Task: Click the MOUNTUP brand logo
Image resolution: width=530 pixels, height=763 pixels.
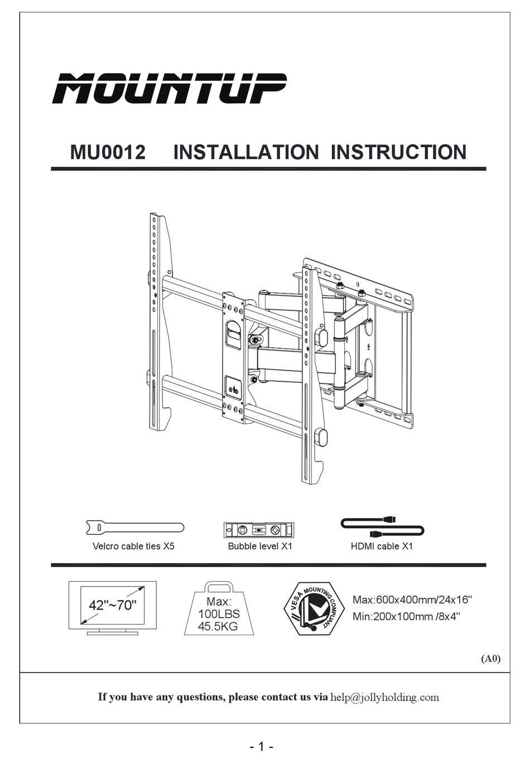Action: pyautogui.click(x=169, y=88)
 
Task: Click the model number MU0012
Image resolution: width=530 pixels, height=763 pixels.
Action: pyautogui.click(x=108, y=152)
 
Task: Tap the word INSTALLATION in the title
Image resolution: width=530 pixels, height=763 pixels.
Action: pyautogui.click(x=245, y=152)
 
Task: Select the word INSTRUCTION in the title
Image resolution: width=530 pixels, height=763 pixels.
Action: pyautogui.click(x=398, y=152)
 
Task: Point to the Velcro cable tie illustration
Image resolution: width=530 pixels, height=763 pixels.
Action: pyautogui.click(x=135, y=527)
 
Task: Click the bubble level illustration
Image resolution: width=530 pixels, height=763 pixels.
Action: pyautogui.click(x=259, y=530)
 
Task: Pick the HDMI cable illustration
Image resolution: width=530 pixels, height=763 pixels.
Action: pyautogui.click(x=382, y=527)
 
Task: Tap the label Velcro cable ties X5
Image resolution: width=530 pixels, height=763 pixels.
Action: pyautogui.click(x=133, y=546)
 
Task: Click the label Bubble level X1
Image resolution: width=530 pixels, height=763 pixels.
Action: pyautogui.click(x=260, y=546)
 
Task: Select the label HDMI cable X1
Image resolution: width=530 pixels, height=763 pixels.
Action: pyautogui.click(x=382, y=546)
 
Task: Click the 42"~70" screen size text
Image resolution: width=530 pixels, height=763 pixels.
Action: pyautogui.click(x=112, y=605)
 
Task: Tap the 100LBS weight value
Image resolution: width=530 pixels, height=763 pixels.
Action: pyautogui.click(x=219, y=614)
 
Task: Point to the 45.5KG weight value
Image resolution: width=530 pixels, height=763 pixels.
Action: pyautogui.click(x=218, y=626)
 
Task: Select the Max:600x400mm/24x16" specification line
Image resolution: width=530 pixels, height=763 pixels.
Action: pyautogui.click(x=412, y=600)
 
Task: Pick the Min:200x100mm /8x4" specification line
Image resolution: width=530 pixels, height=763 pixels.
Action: pyautogui.click(x=406, y=617)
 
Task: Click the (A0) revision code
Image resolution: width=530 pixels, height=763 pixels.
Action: pyautogui.click(x=491, y=659)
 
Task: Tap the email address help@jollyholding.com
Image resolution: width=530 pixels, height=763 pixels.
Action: pyautogui.click(x=384, y=697)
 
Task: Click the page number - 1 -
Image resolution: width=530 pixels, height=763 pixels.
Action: pyautogui.click(x=261, y=747)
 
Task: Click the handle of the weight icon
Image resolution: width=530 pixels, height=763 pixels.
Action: pyautogui.click(x=219, y=587)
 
